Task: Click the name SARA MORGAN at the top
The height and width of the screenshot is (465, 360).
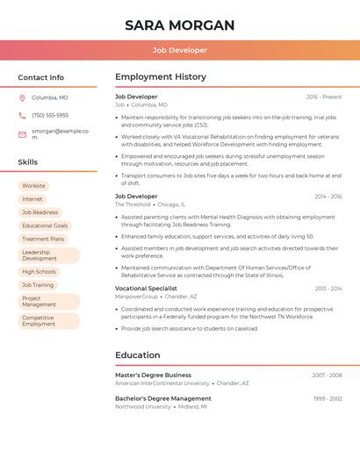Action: tap(179, 25)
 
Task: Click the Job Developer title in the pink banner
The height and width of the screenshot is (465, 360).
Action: tap(179, 51)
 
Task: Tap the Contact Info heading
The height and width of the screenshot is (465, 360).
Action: tap(40, 77)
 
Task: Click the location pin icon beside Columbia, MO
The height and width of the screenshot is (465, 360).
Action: tap(22, 98)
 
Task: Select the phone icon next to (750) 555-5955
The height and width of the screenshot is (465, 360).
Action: tap(22, 115)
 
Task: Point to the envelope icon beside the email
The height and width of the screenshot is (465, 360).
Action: tap(22, 134)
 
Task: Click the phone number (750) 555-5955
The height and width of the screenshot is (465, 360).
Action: tap(50, 115)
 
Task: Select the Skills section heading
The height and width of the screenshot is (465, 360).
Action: tap(27, 162)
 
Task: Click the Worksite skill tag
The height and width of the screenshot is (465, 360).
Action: tap(33, 186)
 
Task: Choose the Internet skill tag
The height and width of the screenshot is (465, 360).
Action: tap(32, 199)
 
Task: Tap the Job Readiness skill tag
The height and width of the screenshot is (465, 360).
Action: tap(40, 212)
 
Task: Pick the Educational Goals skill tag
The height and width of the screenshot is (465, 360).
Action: tap(45, 225)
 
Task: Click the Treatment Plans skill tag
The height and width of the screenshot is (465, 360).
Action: tap(43, 239)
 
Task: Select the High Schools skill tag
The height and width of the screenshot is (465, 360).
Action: tap(39, 272)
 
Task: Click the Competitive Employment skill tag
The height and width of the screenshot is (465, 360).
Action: tap(39, 321)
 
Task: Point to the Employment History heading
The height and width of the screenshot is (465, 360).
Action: tap(161, 77)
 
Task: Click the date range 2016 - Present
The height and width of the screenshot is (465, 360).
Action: tap(324, 97)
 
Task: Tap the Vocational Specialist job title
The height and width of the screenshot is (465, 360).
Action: tap(146, 288)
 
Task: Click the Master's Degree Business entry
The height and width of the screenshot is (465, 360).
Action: tap(153, 375)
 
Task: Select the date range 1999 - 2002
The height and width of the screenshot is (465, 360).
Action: tap(328, 398)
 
